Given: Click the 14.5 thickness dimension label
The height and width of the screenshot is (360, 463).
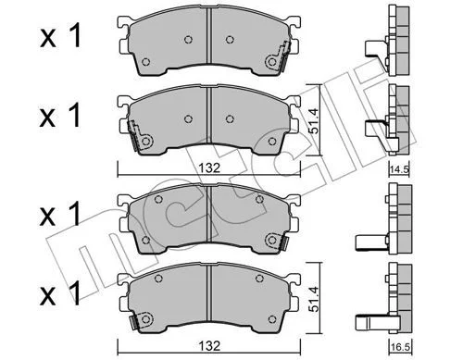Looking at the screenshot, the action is (399, 169).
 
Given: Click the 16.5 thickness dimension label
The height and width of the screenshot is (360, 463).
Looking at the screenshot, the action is (400, 347).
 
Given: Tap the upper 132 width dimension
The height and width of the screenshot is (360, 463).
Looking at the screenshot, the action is (209, 168).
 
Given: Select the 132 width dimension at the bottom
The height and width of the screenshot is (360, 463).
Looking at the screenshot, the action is (209, 345).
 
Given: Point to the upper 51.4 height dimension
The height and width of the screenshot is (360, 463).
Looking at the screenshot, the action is (314, 120).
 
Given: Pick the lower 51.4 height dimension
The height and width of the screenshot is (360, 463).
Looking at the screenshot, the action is (314, 299).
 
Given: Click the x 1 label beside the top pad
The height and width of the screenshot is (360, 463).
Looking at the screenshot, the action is (60, 37).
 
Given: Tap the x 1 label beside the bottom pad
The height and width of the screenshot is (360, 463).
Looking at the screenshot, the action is (60, 294).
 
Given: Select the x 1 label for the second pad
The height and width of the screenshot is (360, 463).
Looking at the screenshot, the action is (60, 117).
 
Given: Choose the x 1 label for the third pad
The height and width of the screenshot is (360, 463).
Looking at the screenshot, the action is (60, 214).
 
